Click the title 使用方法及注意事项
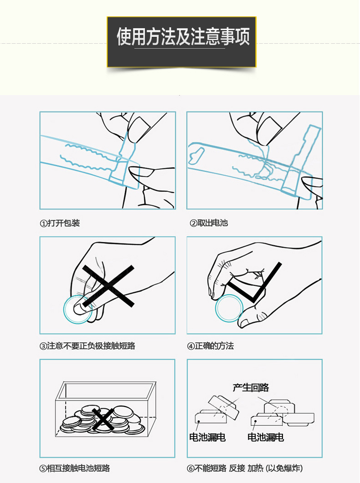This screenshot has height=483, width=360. click(x=183, y=37)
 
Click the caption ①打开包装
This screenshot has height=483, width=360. click(x=60, y=223)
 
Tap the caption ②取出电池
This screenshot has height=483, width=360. click(x=209, y=223)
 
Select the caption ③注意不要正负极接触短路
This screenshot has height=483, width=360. click(x=87, y=346)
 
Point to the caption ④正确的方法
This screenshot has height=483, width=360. click(x=210, y=346)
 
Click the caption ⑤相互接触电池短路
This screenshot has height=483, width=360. click(x=75, y=468)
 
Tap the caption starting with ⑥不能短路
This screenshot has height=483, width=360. click(x=245, y=468)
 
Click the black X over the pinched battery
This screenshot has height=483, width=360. click(x=108, y=286)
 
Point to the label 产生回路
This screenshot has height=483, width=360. click(x=251, y=387)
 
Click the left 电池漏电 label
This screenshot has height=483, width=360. click(x=207, y=437)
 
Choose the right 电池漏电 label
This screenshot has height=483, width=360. click(x=265, y=437)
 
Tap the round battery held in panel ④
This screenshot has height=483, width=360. click(x=229, y=308)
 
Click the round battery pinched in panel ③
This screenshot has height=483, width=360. click(x=77, y=310)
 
